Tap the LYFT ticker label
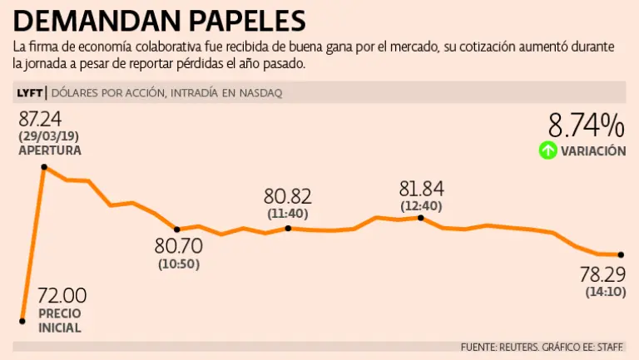(28, 93)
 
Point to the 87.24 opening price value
(41, 118)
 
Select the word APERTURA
(50, 150)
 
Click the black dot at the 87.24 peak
(44, 167)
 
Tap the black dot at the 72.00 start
(22, 319)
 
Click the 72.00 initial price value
(62, 295)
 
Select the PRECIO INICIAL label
(60, 321)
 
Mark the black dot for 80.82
(288, 228)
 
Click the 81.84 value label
(422, 188)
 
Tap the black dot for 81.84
(421, 218)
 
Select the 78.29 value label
(602, 274)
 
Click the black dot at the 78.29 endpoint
(620, 254)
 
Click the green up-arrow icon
(547, 150)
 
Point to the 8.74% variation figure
(586, 126)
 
